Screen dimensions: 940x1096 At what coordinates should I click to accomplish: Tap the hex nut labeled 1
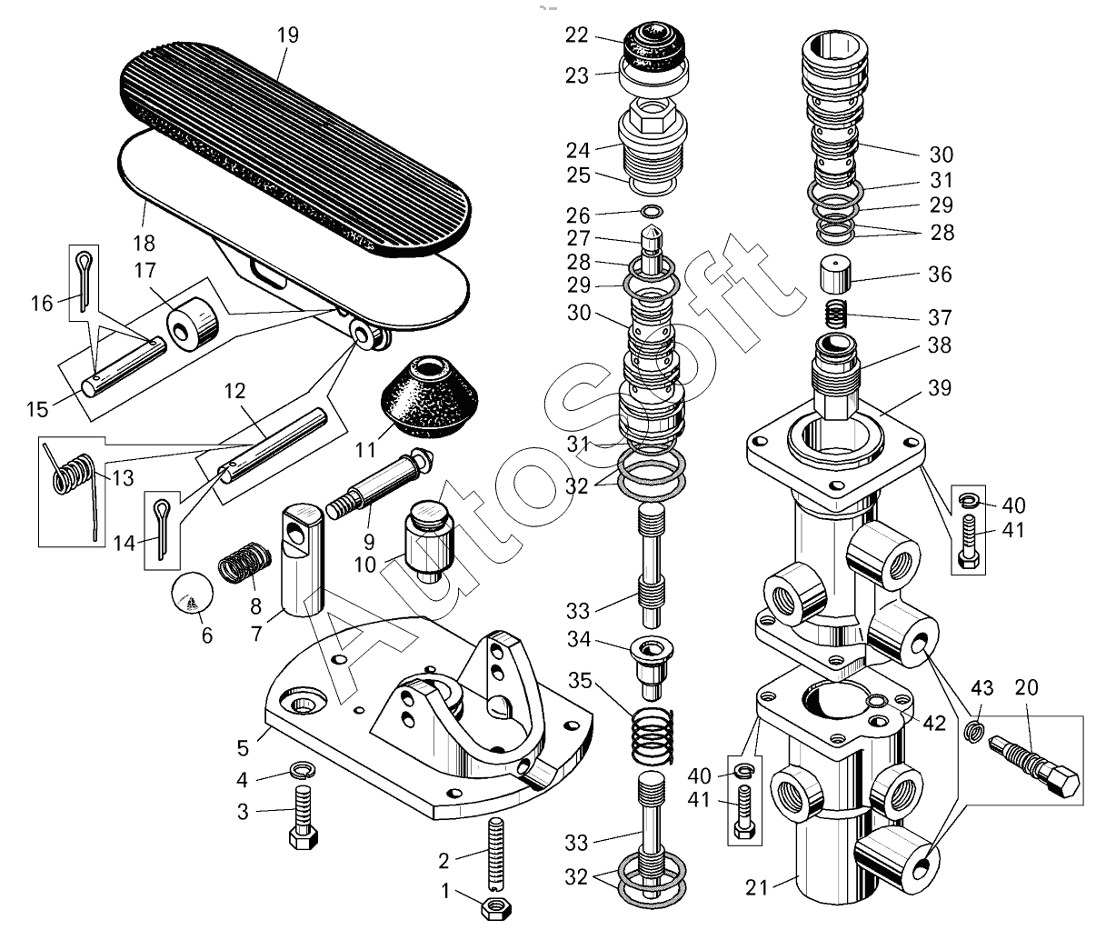point(496,907)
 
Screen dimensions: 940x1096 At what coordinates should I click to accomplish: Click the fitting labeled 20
point(1032,767)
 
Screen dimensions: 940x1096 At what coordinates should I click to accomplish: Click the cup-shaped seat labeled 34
point(652,656)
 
